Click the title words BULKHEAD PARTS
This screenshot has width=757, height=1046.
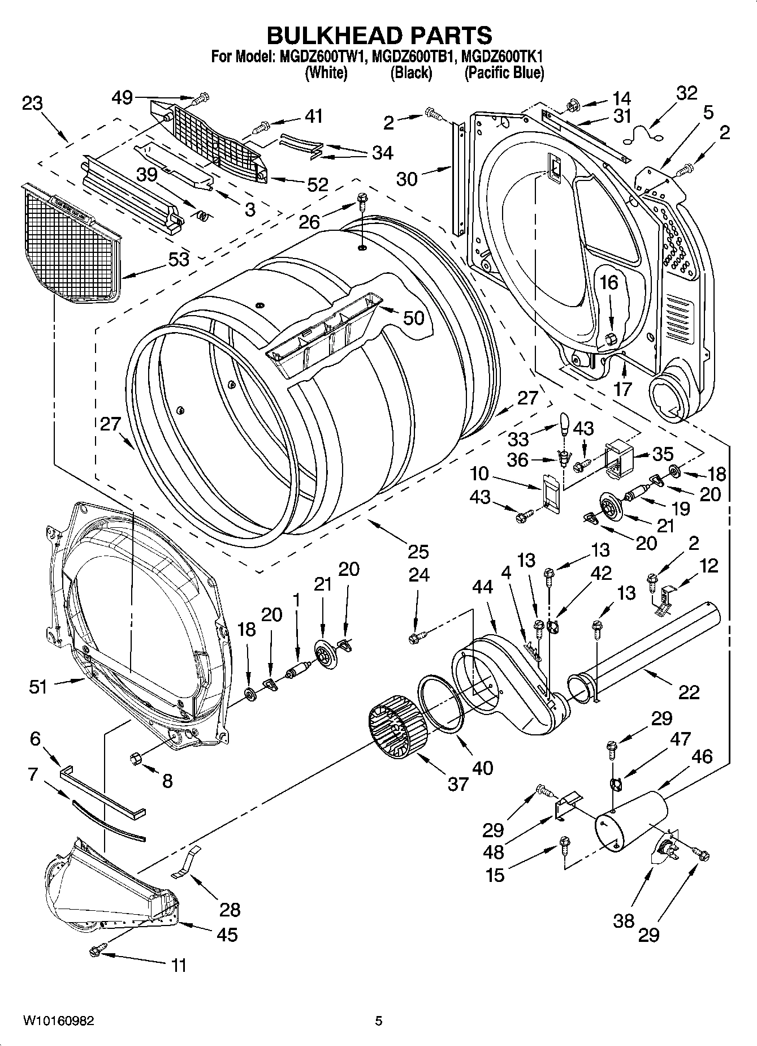379,35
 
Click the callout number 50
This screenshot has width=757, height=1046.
413,318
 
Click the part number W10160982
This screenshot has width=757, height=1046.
58,1021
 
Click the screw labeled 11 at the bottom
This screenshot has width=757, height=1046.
96,952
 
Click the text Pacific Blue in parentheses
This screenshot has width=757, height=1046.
504,73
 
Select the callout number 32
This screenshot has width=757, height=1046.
686,93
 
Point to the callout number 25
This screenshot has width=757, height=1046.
418,551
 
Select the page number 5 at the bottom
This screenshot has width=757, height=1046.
379,1021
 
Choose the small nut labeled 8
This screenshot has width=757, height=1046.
136,757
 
